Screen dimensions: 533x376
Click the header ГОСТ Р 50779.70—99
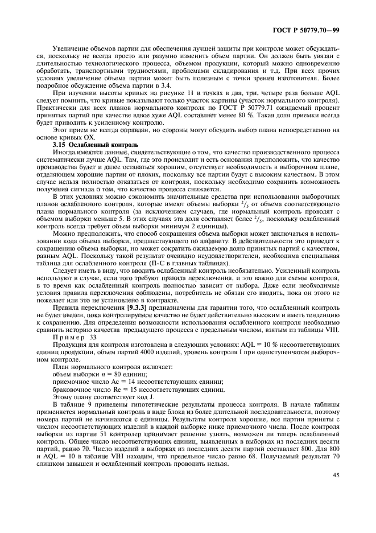point(314,29)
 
